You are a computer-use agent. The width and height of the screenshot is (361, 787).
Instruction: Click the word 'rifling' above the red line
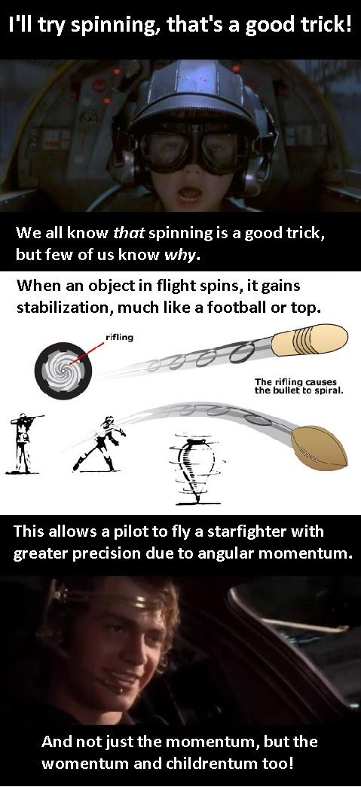pos(119,337)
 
